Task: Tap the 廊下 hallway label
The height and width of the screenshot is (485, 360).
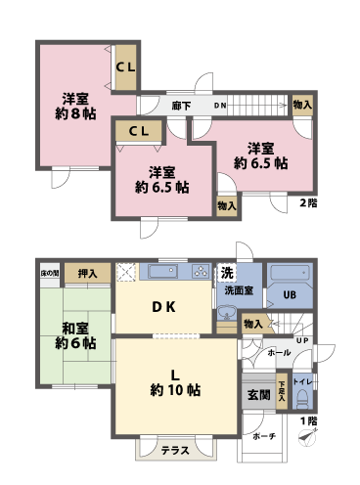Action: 180,105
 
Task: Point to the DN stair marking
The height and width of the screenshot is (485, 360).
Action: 221,105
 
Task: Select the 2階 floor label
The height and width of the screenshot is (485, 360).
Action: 308,203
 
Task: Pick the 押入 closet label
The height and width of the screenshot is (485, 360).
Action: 87,274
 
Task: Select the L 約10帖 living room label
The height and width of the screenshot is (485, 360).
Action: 176,380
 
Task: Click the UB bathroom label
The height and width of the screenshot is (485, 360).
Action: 290,294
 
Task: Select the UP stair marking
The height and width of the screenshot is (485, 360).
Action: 303,340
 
